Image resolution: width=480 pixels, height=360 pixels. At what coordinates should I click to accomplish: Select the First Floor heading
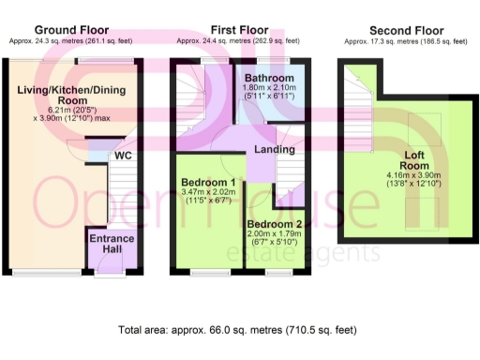click(234, 31)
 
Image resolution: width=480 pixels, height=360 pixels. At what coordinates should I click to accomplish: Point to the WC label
click(124, 157)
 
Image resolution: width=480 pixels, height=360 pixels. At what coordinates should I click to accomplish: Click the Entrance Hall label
click(112, 245)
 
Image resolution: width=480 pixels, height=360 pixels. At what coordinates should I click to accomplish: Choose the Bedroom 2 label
click(275, 225)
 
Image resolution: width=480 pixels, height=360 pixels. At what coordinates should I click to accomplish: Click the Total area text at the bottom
click(238, 330)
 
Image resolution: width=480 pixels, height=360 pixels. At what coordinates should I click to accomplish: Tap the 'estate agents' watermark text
click(305, 252)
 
